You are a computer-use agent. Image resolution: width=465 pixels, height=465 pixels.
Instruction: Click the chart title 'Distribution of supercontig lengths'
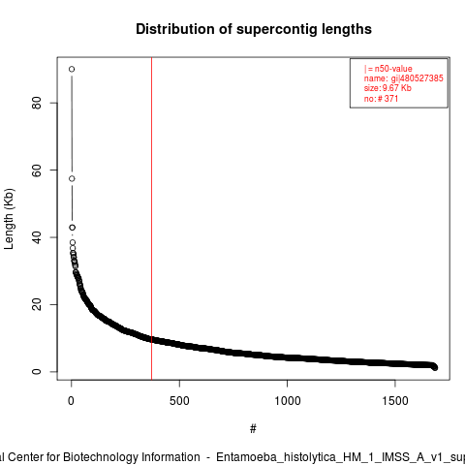[254, 29]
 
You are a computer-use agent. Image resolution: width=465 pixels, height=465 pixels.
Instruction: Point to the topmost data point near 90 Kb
[72, 69]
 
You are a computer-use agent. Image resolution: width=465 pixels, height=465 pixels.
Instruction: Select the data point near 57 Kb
[72, 178]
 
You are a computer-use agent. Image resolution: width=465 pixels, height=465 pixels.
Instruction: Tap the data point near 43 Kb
[72, 228]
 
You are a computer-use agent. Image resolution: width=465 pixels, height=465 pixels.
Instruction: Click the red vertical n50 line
[151, 219]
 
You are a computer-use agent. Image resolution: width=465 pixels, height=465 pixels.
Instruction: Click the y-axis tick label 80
[37, 103]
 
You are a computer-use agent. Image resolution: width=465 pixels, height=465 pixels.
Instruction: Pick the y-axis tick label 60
[37, 170]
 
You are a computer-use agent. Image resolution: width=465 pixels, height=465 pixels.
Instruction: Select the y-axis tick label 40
[37, 237]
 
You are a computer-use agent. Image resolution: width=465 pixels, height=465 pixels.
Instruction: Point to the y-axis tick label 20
[37, 304]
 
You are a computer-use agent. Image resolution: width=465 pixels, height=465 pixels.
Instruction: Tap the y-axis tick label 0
[37, 372]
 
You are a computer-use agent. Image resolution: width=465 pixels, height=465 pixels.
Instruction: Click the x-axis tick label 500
[179, 401]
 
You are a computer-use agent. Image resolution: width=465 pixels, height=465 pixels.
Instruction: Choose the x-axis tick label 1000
[288, 401]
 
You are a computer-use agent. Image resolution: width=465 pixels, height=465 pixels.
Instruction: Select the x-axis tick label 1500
[395, 401]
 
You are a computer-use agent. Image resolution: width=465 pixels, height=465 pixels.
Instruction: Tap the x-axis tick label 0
[71, 401]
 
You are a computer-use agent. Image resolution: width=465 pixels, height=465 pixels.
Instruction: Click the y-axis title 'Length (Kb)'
[9, 219]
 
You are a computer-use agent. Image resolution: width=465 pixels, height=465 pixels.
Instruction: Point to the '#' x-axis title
[253, 429]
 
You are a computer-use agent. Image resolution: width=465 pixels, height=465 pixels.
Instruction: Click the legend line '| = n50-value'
[387, 69]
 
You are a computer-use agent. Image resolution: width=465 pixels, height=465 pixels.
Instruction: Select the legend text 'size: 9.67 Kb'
[387, 88]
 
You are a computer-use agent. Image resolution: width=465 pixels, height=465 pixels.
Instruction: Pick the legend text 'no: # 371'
[381, 98]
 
